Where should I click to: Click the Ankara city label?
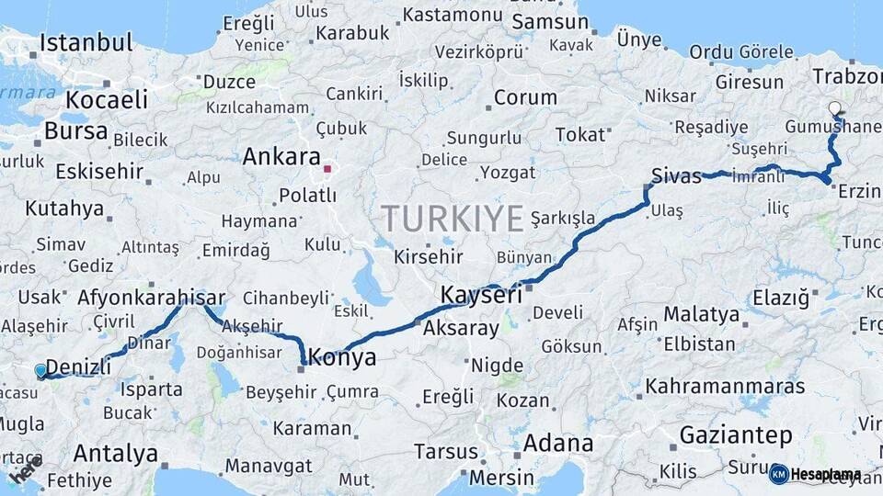coord(281,157)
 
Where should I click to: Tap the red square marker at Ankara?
coord(327,169)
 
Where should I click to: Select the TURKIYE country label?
coord(453,219)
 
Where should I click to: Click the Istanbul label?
coord(86,42)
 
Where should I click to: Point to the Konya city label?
coord(343,357)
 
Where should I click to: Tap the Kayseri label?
coord(481,295)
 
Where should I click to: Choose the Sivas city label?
coord(676,175)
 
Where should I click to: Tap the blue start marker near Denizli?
coord(40,371)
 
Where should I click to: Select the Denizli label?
coord(78,366)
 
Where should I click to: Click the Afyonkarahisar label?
coord(152,298)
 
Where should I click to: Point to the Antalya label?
coord(115,453)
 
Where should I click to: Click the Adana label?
coord(558,444)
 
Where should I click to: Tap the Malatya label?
coord(701,314)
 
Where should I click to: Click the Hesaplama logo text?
coord(824,475)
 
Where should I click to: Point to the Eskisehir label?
coord(99,171)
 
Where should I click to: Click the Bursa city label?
coord(76,130)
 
